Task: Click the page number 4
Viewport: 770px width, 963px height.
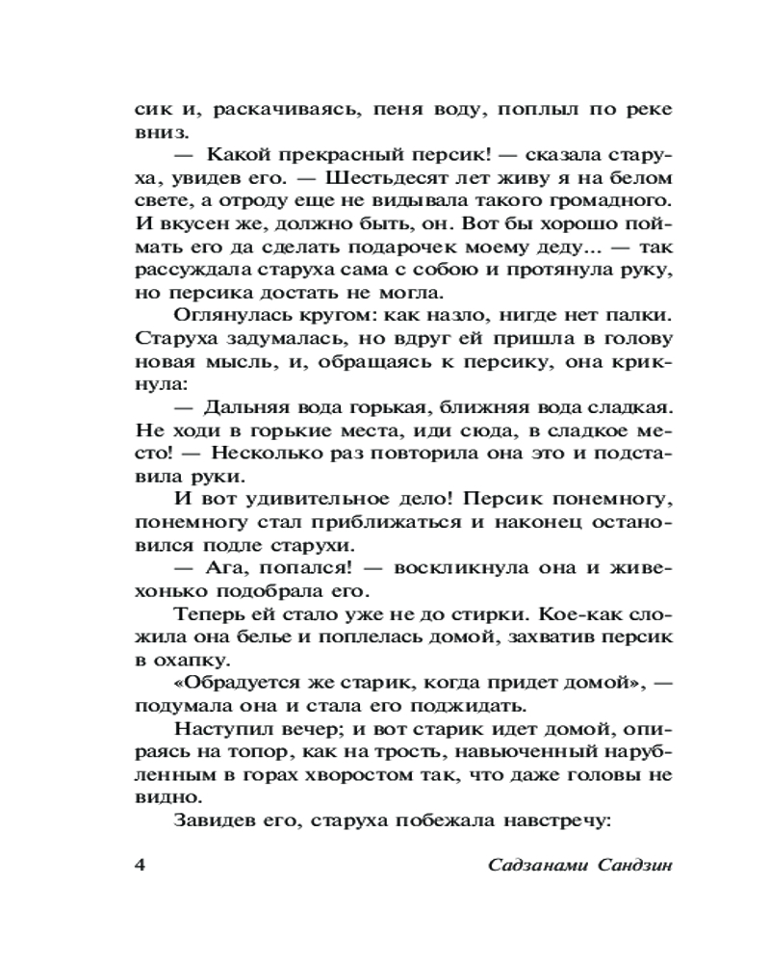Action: (139, 863)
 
